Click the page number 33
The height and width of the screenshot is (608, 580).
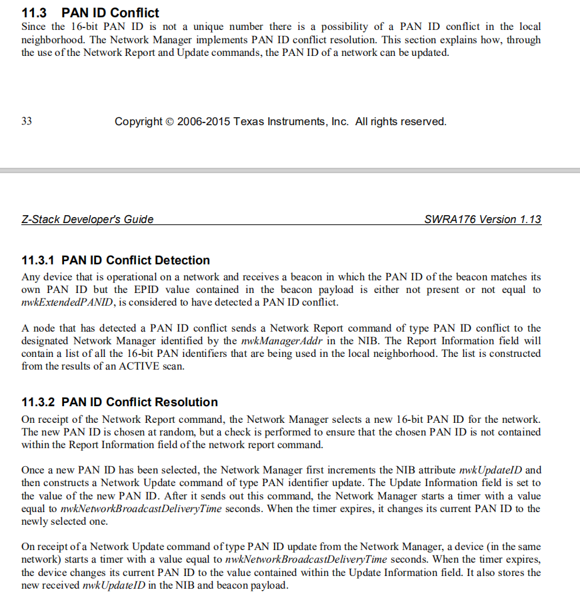pyautogui.click(x=27, y=122)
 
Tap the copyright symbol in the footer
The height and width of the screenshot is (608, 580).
pyautogui.click(x=169, y=122)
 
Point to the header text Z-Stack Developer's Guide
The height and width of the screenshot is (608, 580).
pyautogui.click(x=87, y=219)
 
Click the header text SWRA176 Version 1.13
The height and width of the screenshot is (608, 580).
pyautogui.click(x=483, y=219)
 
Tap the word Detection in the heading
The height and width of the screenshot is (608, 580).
pyautogui.click(x=183, y=260)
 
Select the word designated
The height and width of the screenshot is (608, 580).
pyautogui.click(x=48, y=341)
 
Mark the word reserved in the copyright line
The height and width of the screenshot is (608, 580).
pyautogui.click(x=423, y=122)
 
